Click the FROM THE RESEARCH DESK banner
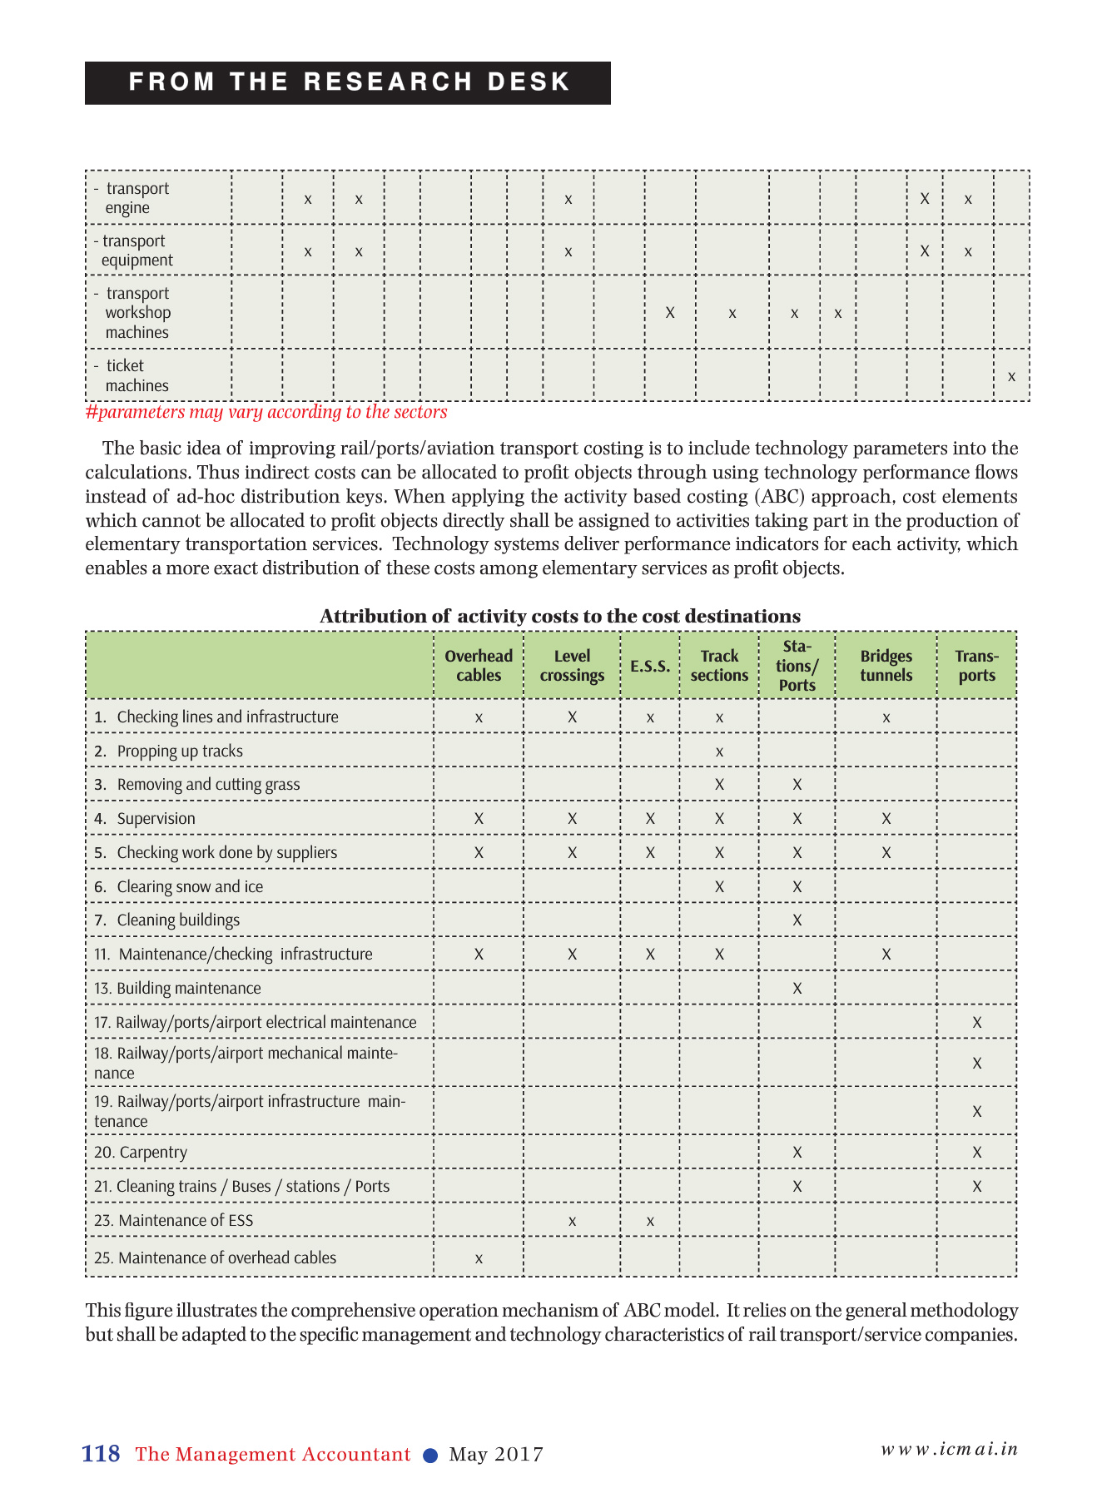(x=348, y=82)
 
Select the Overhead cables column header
(x=479, y=666)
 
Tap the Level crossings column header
(x=572, y=666)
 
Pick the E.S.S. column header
(x=650, y=666)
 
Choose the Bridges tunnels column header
(x=886, y=666)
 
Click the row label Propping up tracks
(x=180, y=751)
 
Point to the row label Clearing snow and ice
(x=190, y=886)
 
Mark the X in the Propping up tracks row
(x=719, y=751)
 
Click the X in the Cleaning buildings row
(x=797, y=920)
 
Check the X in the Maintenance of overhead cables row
(x=479, y=1258)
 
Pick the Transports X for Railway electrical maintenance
(x=976, y=1022)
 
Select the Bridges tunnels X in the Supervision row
(x=886, y=819)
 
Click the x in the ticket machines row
(x=1011, y=376)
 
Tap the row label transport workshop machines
(x=137, y=313)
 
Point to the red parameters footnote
(x=266, y=412)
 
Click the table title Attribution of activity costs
(x=560, y=616)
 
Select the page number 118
(x=101, y=1454)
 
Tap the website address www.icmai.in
(x=949, y=1449)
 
